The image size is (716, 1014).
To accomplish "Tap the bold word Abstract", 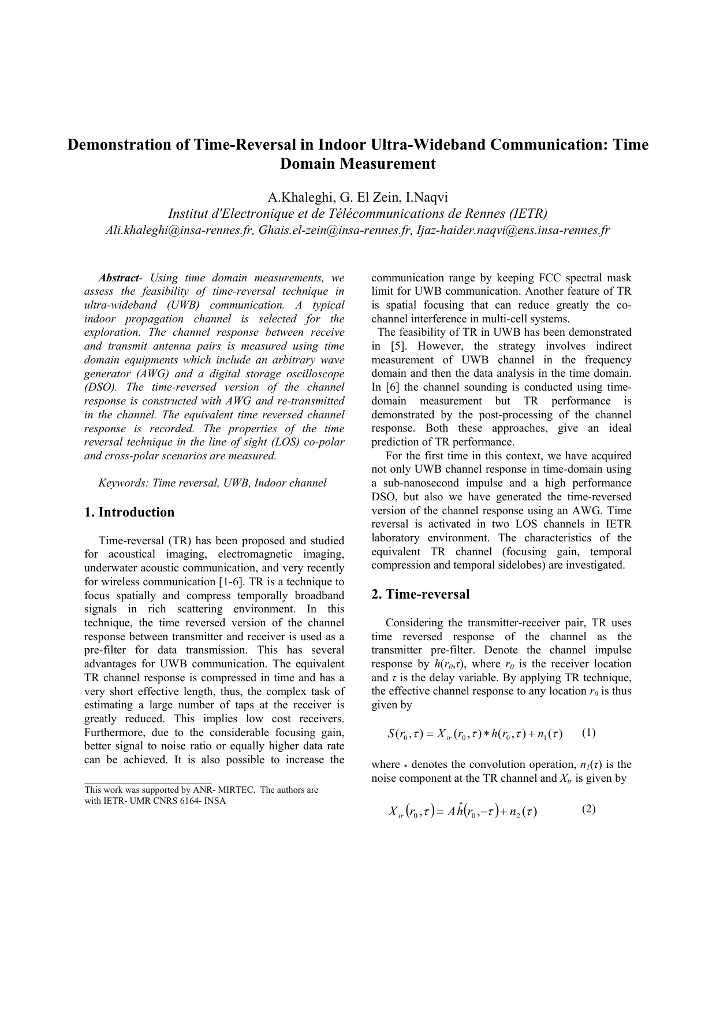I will click(118, 278).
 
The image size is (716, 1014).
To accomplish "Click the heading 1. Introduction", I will click(129, 512).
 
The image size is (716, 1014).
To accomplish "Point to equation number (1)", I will click(588, 733).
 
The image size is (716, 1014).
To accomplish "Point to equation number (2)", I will click(588, 809).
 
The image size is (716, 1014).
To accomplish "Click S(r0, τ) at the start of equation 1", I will click(405, 734).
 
